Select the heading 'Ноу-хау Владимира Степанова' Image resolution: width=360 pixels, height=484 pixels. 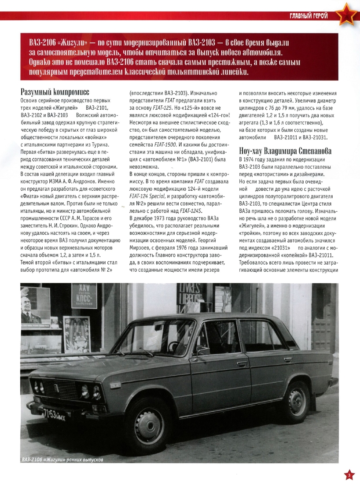[288, 151]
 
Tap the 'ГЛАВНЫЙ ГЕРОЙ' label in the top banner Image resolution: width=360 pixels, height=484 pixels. [309, 16]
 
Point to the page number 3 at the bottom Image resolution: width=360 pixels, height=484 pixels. [349, 475]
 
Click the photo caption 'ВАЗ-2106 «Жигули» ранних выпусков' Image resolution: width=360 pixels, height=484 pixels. [62, 460]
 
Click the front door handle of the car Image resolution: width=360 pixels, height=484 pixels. [242, 364]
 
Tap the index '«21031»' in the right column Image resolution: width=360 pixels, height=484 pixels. [284, 248]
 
